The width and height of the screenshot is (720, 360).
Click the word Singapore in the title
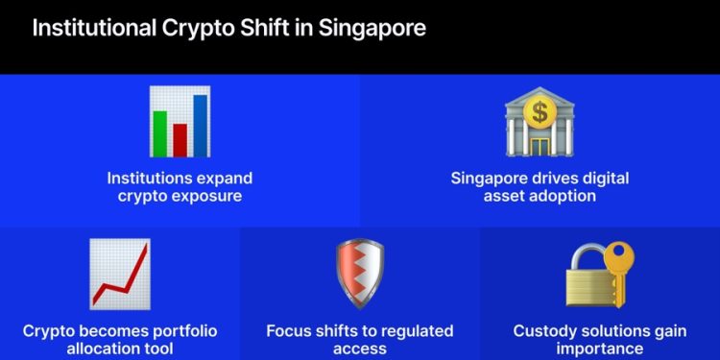click(x=369, y=28)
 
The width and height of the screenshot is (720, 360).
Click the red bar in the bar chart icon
click(x=180, y=139)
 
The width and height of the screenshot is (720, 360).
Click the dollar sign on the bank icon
click(x=540, y=113)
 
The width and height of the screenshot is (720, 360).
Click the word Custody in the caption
click(x=545, y=331)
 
